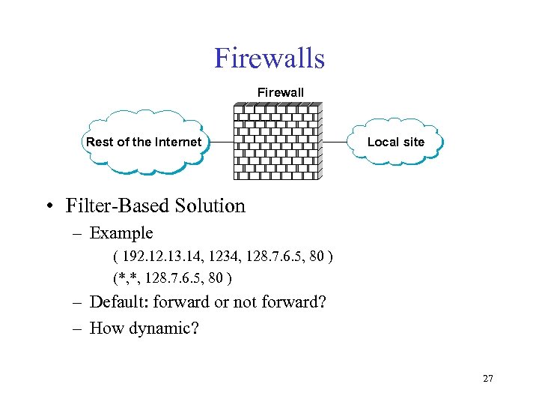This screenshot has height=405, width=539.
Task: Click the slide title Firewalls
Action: coord(269,58)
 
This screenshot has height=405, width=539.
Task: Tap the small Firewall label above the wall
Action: coord(281,92)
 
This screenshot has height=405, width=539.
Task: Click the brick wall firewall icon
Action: coord(278,141)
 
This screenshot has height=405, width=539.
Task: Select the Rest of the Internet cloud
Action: coord(144,142)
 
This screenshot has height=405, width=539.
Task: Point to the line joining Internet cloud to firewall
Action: coord(221,142)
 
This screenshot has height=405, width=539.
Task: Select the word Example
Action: coord(121,233)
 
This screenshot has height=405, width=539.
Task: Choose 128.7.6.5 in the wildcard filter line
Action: coord(176,278)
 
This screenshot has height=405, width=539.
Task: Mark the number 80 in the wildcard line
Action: coord(216,278)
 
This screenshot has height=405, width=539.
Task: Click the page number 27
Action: coord(488,379)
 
